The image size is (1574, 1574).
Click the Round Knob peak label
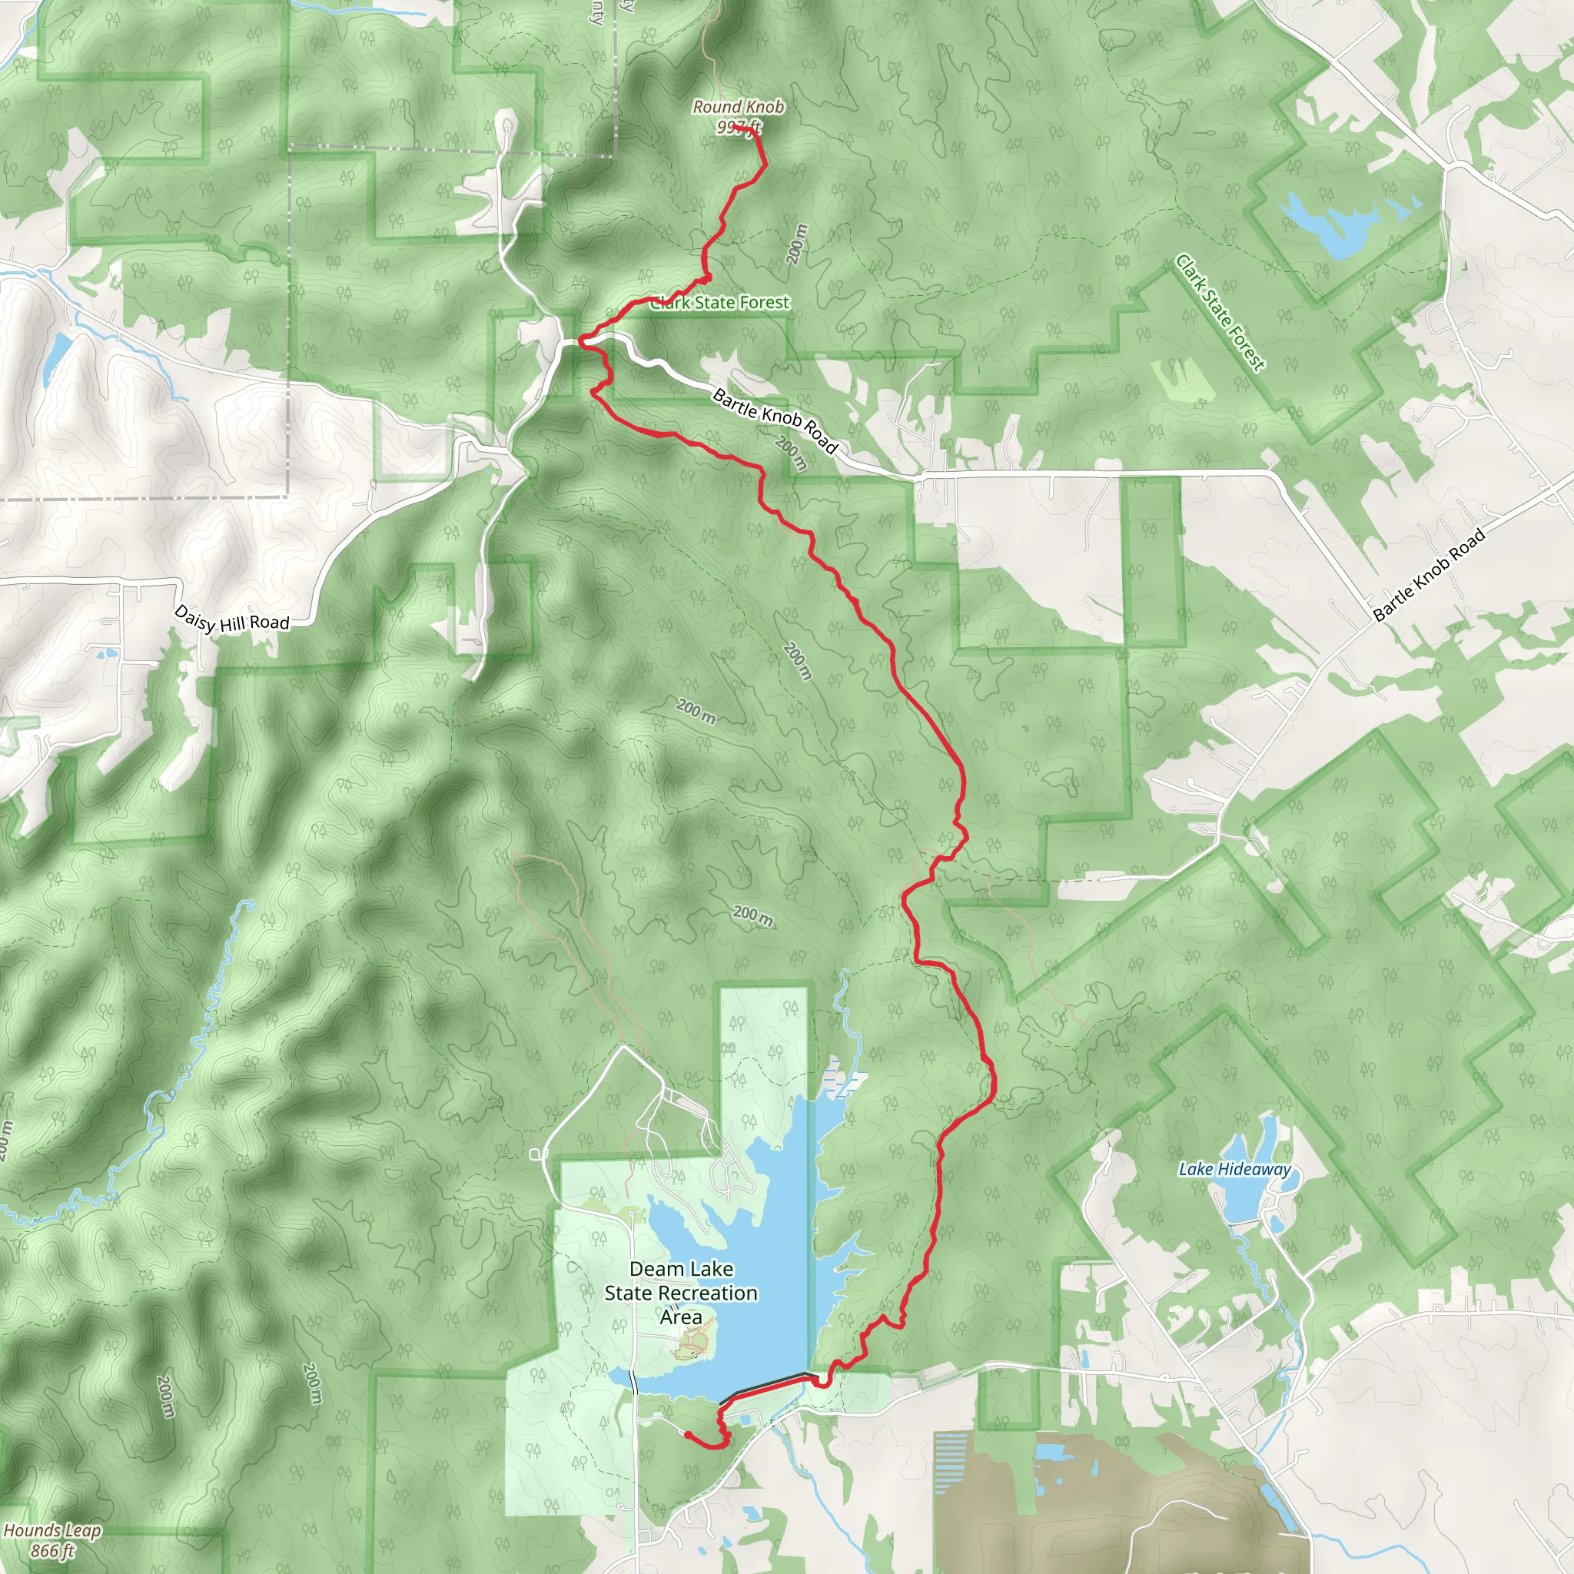pos(738,107)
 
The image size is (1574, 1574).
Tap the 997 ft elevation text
pos(738,127)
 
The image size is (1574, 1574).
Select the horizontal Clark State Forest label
pos(721,303)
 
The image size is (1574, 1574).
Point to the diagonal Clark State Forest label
pos(1220,313)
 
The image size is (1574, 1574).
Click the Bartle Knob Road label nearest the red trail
pos(774,420)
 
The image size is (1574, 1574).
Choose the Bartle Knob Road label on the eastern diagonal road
pos(1428,575)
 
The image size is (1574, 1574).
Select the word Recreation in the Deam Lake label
pos(706,1293)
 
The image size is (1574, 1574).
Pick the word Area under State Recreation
pos(681,1317)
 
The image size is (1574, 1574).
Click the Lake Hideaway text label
pos(1234,1170)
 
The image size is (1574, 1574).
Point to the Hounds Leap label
pos(52,1530)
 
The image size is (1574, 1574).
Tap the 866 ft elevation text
pos(52,1550)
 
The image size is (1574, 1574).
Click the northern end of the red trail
pos(734,128)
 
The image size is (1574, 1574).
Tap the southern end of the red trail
pos(687,1434)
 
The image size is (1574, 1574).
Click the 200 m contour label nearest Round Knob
pos(798,244)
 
